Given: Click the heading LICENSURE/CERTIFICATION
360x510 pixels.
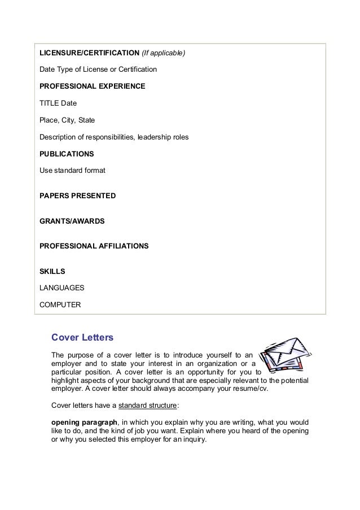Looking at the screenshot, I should [89, 54].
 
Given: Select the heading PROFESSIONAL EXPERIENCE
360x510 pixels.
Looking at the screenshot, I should [92, 86].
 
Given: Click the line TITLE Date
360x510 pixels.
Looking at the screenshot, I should [58, 103].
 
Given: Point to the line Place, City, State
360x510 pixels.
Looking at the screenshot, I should [67, 120].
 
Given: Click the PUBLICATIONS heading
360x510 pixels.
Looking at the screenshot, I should [67, 154].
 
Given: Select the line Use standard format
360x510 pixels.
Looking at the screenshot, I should [72, 170].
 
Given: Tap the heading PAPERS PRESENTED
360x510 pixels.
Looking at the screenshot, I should [77, 196].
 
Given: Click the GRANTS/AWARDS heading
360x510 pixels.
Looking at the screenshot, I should [72, 221].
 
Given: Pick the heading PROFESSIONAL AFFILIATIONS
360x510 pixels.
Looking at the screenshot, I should [94, 246].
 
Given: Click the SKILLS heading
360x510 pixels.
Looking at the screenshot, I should [52, 272].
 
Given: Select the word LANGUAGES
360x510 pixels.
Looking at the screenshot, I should [62, 288].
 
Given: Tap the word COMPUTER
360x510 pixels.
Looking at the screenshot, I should [60, 305].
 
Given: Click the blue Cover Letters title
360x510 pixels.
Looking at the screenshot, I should [82, 338].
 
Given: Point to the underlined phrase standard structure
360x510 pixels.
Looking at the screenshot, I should [148, 405].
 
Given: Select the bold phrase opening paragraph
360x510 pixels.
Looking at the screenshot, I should [84, 422].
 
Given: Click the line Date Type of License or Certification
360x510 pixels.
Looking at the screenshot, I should [98, 70].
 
